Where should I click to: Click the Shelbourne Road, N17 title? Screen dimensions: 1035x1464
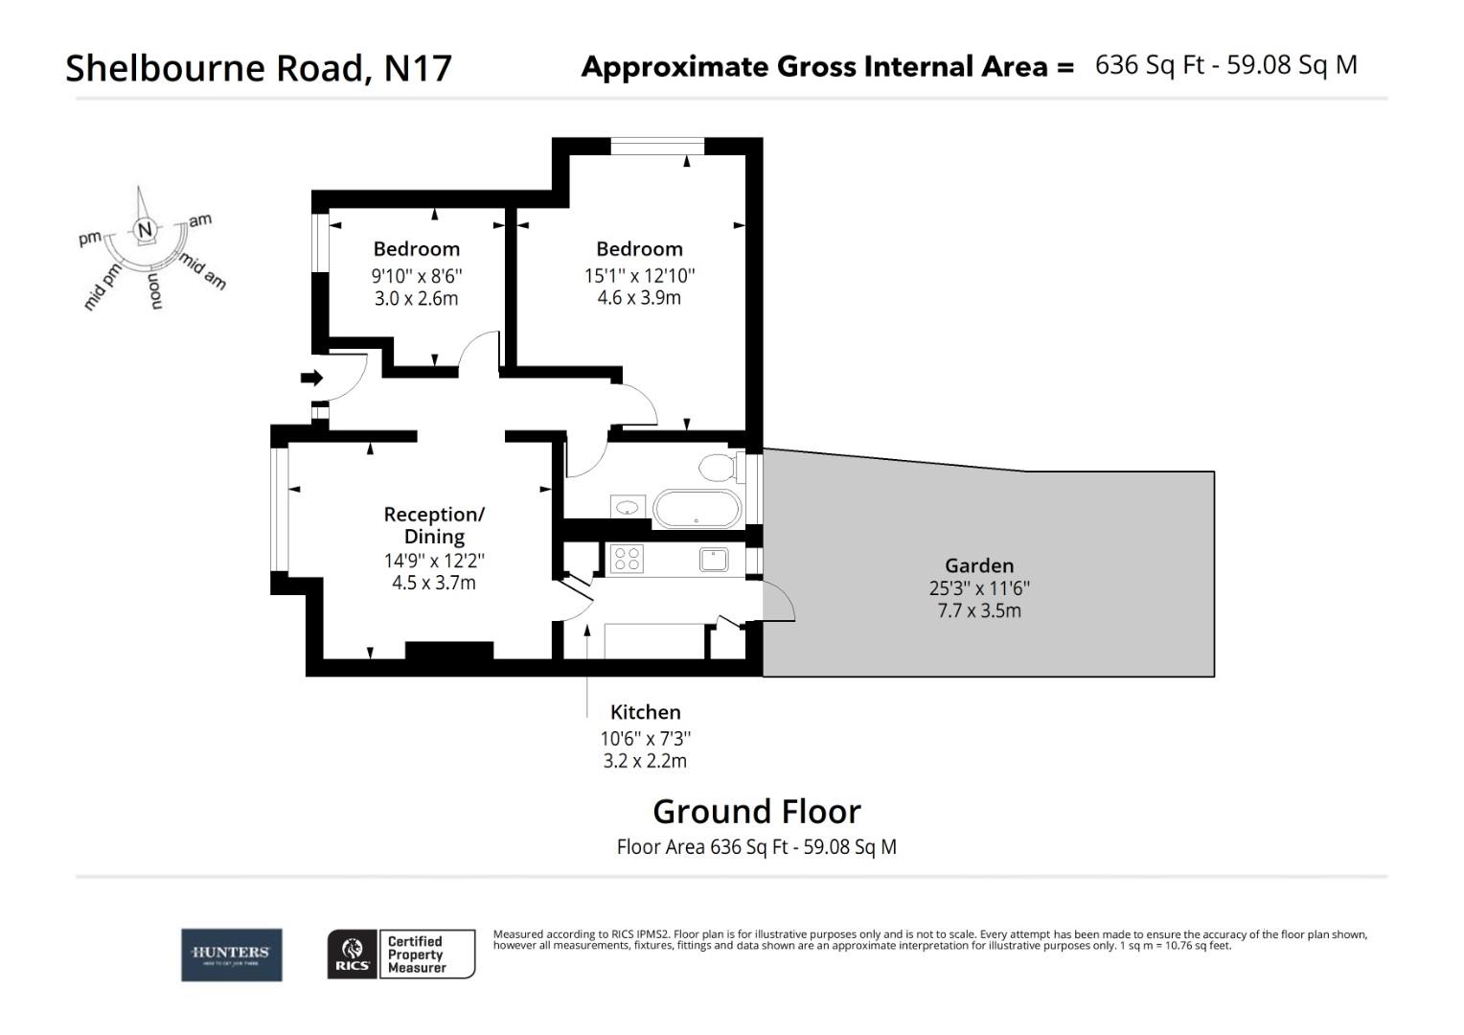point(258,68)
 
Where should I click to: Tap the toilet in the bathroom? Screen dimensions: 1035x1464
point(717,469)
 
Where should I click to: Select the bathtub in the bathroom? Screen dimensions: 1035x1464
point(697,509)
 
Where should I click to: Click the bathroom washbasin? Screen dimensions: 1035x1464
point(628,507)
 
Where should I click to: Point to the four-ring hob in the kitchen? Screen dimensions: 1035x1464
point(627,559)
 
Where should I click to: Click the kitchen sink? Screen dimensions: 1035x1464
point(714,559)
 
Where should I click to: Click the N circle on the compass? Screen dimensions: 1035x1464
point(145,230)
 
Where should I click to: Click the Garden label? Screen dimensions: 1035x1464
point(978,565)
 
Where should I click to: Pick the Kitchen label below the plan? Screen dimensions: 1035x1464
point(646,712)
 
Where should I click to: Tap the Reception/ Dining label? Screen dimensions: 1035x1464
point(434,525)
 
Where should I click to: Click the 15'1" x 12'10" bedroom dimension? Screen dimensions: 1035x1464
point(639,275)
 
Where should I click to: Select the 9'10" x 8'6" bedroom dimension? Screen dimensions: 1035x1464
point(417,275)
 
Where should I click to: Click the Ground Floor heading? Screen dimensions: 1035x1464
point(756,812)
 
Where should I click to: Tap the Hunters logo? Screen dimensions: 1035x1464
point(232,954)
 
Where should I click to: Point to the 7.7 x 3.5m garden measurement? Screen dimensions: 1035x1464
point(978,610)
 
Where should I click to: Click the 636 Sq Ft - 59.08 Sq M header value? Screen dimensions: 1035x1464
point(1225,65)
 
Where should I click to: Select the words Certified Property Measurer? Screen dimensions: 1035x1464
point(416,954)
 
